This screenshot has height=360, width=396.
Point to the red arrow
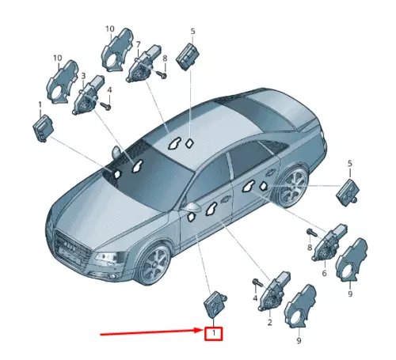tap(150, 335)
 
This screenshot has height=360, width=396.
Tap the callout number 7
tap(138, 45)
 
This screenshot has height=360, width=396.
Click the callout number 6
tap(323, 273)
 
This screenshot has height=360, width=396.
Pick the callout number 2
tap(269, 323)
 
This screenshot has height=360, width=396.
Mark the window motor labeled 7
tap(145, 66)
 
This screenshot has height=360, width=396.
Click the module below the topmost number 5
tap(188, 55)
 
